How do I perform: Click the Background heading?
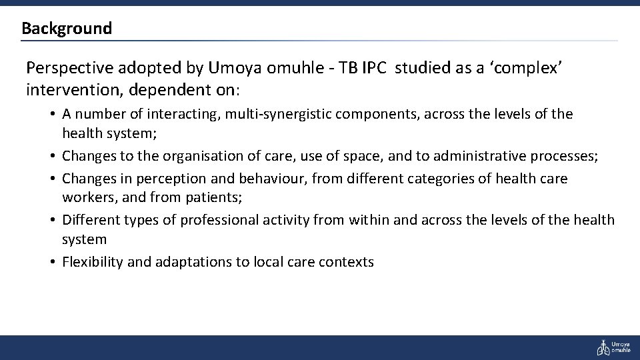[67, 29]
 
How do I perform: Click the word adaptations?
[193, 262]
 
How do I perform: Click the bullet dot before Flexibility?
[52, 262]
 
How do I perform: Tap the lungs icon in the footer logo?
[602, 347]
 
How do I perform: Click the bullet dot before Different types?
[52, 219]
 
